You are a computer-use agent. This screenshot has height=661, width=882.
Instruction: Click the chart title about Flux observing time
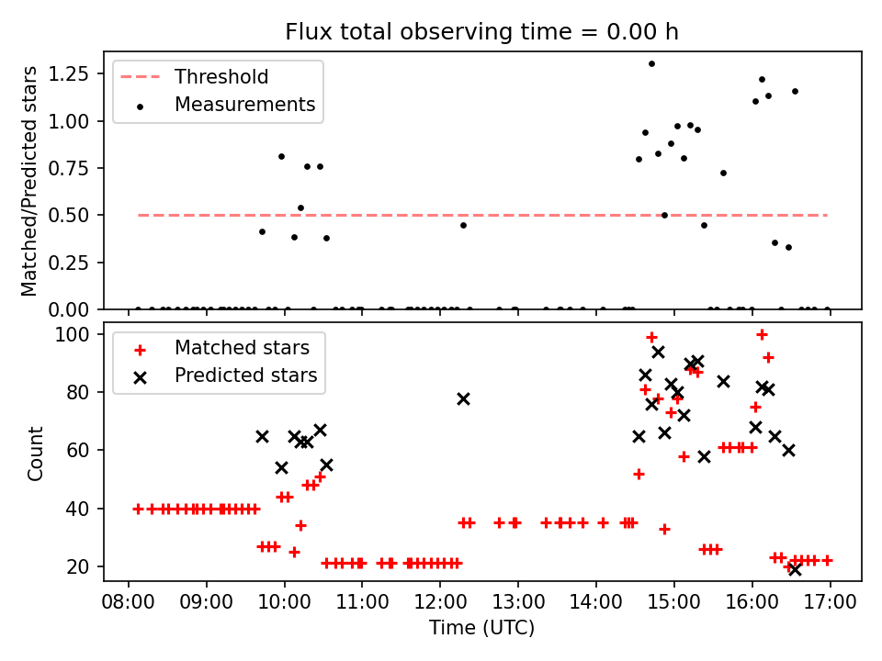click(481, 32)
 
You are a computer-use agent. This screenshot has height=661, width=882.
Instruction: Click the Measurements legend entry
click(244, 105)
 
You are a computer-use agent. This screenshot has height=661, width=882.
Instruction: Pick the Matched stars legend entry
click(242, 348)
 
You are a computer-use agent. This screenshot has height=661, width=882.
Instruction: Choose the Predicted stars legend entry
click(245, 375)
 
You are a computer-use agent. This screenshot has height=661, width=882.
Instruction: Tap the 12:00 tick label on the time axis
click(440, 604)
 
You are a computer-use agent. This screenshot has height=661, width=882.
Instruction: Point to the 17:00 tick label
click(831, 604)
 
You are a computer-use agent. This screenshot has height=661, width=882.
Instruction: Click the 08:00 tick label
click(128, 604)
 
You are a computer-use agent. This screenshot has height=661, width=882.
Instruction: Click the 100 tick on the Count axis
click(81, 334)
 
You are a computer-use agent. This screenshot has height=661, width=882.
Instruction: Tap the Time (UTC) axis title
click(481, 629)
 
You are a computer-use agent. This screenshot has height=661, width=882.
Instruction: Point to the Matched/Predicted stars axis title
click(30, 181)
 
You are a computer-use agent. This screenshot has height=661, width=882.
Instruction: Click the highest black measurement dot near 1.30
click(651, 63)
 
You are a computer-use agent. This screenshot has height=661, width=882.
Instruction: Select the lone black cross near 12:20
click(463, 398)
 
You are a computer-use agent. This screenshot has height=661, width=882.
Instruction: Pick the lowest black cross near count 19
click(795, 569)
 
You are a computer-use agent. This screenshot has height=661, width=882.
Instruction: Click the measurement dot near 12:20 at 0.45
click(463, 225)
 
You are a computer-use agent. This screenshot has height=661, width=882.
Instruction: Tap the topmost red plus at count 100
click(762, 334)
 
